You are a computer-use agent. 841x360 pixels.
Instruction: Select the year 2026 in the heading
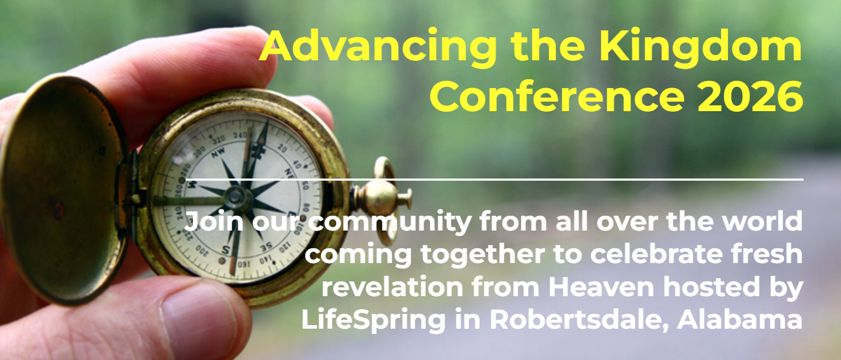click(750, 97)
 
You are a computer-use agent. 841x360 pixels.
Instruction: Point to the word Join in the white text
click(214, 222)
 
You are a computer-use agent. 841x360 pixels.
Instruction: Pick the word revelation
click(392, 287)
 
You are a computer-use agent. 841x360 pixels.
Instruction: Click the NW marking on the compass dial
click(218, 152)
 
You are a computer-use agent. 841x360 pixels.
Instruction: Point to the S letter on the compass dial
click(225, 249)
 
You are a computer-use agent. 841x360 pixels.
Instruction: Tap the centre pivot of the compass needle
click(236, 197)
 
